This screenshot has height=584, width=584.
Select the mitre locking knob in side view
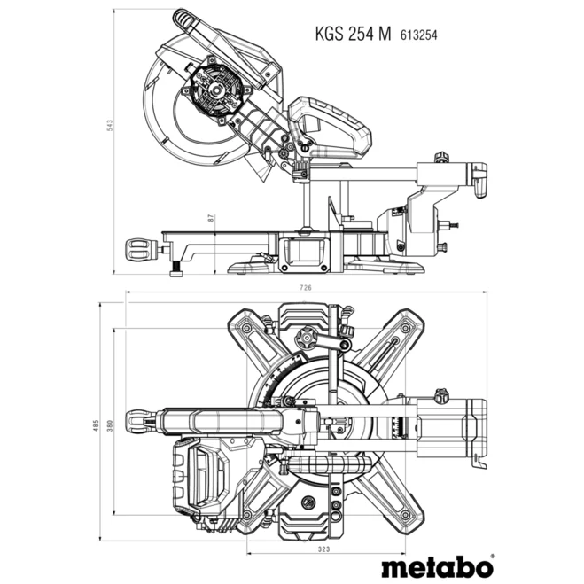143,247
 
